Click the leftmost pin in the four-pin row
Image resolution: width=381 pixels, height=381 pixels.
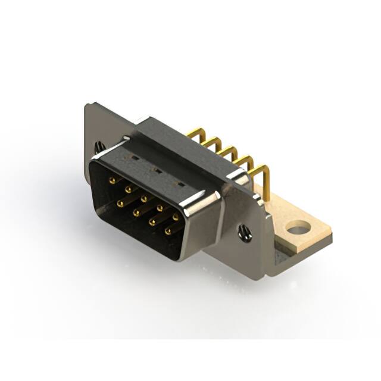(x=120, y=203)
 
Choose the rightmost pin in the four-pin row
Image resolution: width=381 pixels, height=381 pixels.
(x=168, y=230)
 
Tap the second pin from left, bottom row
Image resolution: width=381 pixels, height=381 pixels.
(x=136, y=211)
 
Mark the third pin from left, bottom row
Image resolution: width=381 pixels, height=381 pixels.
(x=152, y=221)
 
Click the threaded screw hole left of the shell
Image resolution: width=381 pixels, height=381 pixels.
(x=98, y=146)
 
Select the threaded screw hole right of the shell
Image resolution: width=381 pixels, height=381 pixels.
(x=244, y=232)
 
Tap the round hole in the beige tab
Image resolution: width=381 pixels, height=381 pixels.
(x=298, y=227)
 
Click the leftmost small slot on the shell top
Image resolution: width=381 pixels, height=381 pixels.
(x=136, y=159)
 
